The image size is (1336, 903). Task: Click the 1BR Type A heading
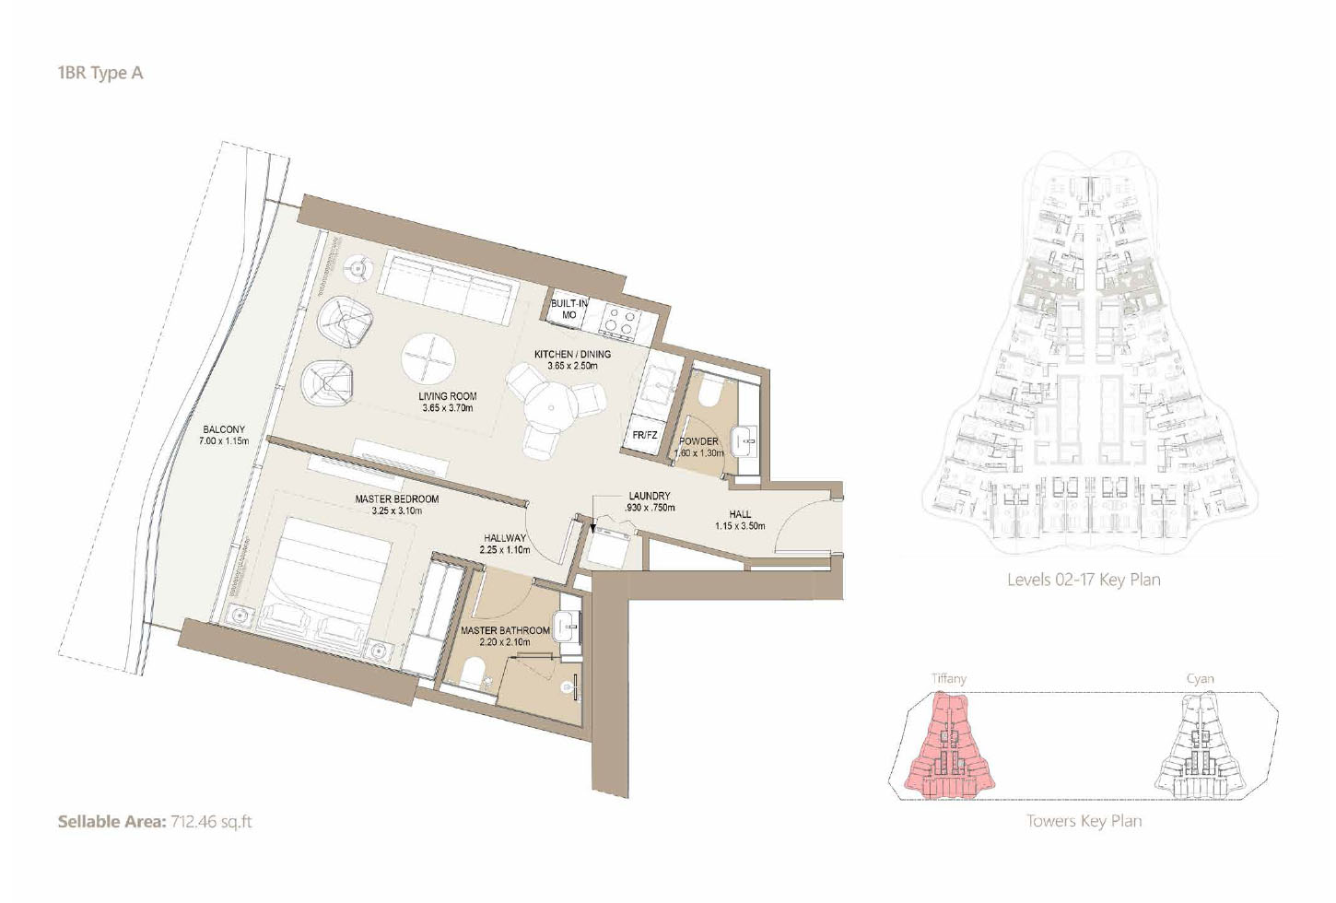click(x=100, y=73)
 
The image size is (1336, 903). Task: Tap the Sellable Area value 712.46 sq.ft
click(x=211, y=821)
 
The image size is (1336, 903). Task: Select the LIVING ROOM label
click(x=448, y=396)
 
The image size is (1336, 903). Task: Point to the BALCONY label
click(x=224, y=429)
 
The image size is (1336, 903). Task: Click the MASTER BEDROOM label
click(x=397, y=499)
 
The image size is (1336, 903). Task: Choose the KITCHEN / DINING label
click(x=572, y=354)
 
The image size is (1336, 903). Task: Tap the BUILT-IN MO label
click(x=569, y=309)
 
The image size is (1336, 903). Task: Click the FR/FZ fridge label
click(x=645, y=435)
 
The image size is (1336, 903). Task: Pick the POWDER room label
click(x=698, y=441)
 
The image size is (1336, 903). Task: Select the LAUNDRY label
click(x=650, y=496)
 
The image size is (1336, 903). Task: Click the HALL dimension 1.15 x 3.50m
click(x=740, y=526)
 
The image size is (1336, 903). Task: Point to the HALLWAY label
click(x=505, y=538)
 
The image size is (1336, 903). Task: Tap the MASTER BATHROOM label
click(x=505, y=631)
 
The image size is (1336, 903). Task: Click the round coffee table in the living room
click(x=428, y=358)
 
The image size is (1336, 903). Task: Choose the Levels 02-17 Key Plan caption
click(x=1084, y=580)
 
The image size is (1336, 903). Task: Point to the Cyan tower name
click(x=1200, y=679)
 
